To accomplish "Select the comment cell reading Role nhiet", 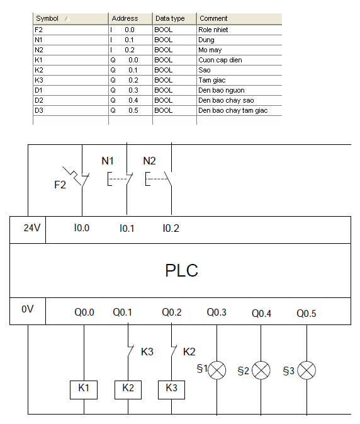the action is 213,30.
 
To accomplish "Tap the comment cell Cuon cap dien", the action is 220,60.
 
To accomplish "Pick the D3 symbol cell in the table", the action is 39,110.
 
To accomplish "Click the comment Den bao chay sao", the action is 226,100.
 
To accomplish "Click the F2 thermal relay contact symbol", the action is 77,176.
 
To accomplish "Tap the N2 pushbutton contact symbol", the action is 159,179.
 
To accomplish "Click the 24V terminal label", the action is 32,228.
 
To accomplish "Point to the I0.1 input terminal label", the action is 127,229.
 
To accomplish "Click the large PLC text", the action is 181,270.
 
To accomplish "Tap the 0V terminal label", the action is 27,309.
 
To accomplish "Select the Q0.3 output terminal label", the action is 217,312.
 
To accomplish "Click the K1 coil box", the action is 84,390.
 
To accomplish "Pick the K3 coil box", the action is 171,390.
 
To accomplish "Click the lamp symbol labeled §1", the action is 217,370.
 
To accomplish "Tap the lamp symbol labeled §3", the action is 307,370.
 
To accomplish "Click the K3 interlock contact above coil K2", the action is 130,351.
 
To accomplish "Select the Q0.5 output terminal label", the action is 307,313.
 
